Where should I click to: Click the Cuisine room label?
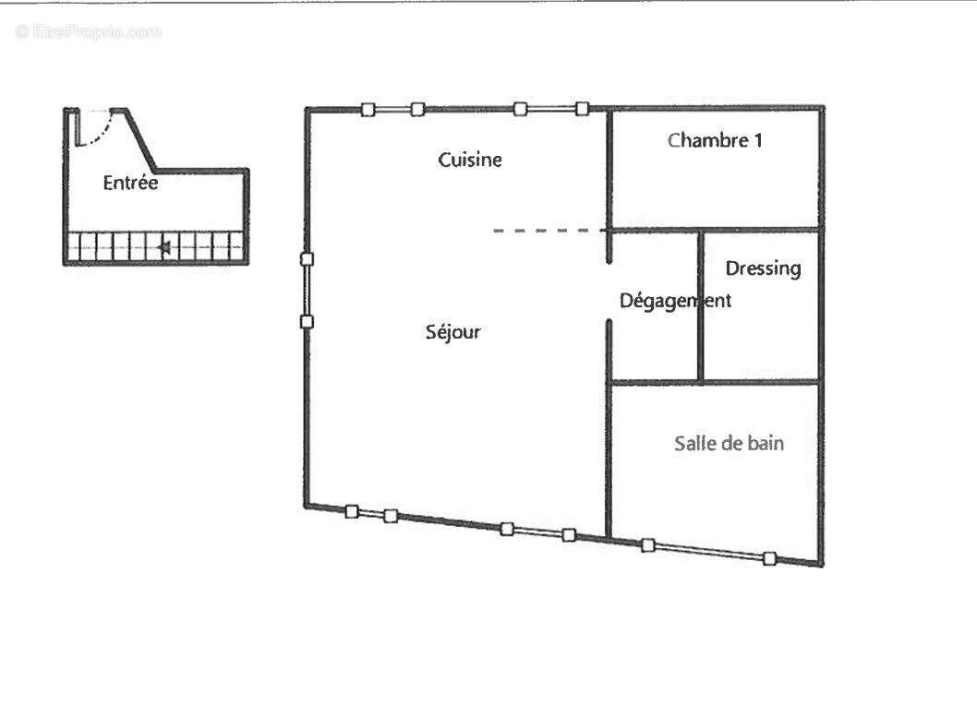(x=470, y=160)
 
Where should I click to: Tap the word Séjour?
(x=453, y=332)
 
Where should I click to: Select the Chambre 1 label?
(x=715, y=140)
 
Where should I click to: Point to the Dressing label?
(x=764, y=268)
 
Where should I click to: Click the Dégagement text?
(x=675, y=302)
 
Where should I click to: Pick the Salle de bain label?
(x=729, y=443)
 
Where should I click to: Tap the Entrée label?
(x=130, y=183)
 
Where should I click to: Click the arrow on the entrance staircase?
(x=164, y=248)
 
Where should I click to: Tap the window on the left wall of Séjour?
(x=307, y=290)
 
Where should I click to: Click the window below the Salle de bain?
(x=709, y=552)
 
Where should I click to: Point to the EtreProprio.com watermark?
(x=89, y=31)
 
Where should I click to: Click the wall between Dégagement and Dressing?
(x=700, y=305)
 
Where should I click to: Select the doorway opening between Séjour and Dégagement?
(x=609, y=292)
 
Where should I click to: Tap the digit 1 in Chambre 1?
(x=757, y=140)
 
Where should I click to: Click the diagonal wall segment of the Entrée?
(x=140, y=140)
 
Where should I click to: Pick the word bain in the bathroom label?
(x=766, y=443)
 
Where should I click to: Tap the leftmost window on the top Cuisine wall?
(x=392, y=110)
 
